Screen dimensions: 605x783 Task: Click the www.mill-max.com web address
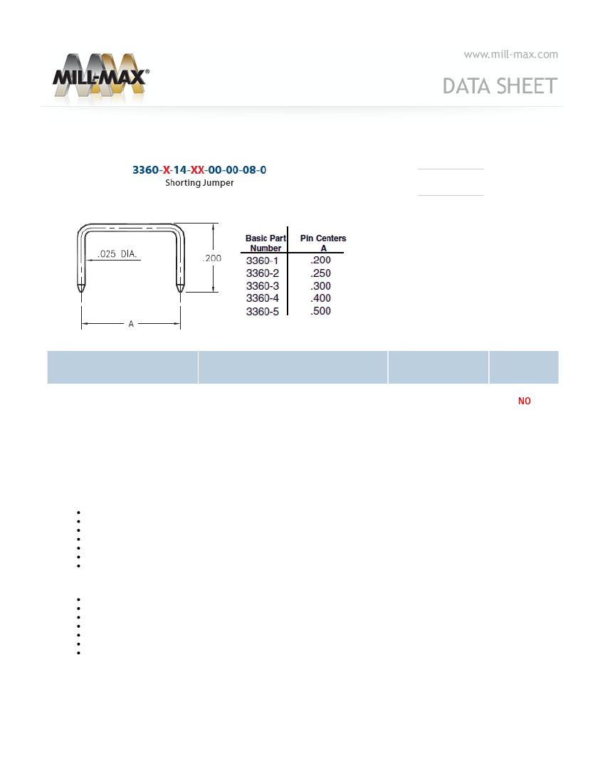pos(510,54)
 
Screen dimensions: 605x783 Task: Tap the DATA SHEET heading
pos(500,86)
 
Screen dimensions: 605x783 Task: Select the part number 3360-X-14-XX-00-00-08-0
pos(199,170)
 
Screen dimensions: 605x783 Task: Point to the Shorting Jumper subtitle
pos(199,183)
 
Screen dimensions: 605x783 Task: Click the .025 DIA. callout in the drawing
pos(117,253)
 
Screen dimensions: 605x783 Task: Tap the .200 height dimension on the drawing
pos(211,258)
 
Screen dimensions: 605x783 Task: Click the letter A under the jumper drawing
pos(131,324)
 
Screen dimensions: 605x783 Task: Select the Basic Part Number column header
pos(265,243)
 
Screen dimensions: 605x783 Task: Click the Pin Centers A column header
pos(323,243)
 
